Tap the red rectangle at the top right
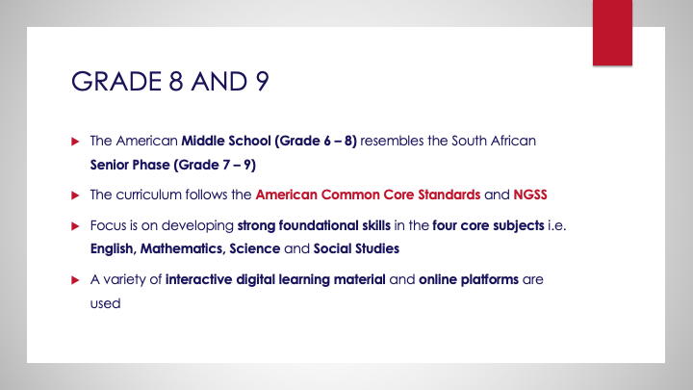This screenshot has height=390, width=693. click(620, 33)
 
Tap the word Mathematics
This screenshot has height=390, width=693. click(192, 248)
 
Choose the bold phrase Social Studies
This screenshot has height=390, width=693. click(350, 248)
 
